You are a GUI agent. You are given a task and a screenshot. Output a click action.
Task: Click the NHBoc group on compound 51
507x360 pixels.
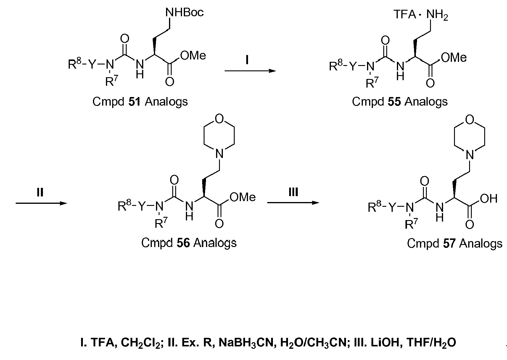point(184,12)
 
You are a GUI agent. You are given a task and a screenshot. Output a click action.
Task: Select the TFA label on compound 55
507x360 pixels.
point(405,14)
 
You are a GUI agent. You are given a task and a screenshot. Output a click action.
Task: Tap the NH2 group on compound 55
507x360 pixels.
point(437,15)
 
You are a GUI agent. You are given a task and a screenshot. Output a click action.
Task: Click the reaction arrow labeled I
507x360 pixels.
point(250,71)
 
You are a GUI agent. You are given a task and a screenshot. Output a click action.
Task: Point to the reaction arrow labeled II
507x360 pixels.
point(41,203)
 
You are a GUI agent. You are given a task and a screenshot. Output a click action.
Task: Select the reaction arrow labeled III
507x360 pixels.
point(293,203)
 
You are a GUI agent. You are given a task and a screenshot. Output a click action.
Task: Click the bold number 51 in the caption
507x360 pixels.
point(134,101)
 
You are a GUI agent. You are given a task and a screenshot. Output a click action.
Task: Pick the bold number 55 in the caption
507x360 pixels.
point(394,101)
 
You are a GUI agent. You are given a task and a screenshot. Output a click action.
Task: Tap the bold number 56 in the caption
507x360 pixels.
point(183,243)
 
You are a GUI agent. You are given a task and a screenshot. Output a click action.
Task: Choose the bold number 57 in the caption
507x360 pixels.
point(449,243)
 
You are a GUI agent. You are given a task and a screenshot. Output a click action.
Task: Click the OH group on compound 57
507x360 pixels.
point(489,199)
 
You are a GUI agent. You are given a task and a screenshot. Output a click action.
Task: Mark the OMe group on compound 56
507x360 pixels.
point(243,197)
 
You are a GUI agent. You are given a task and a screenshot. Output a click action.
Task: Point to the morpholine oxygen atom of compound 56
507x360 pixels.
point(219,119)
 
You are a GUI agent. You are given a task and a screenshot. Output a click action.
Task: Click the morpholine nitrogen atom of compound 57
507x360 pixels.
point(470,155)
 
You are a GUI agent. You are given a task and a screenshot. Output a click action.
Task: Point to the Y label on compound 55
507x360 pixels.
point(353,66)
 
